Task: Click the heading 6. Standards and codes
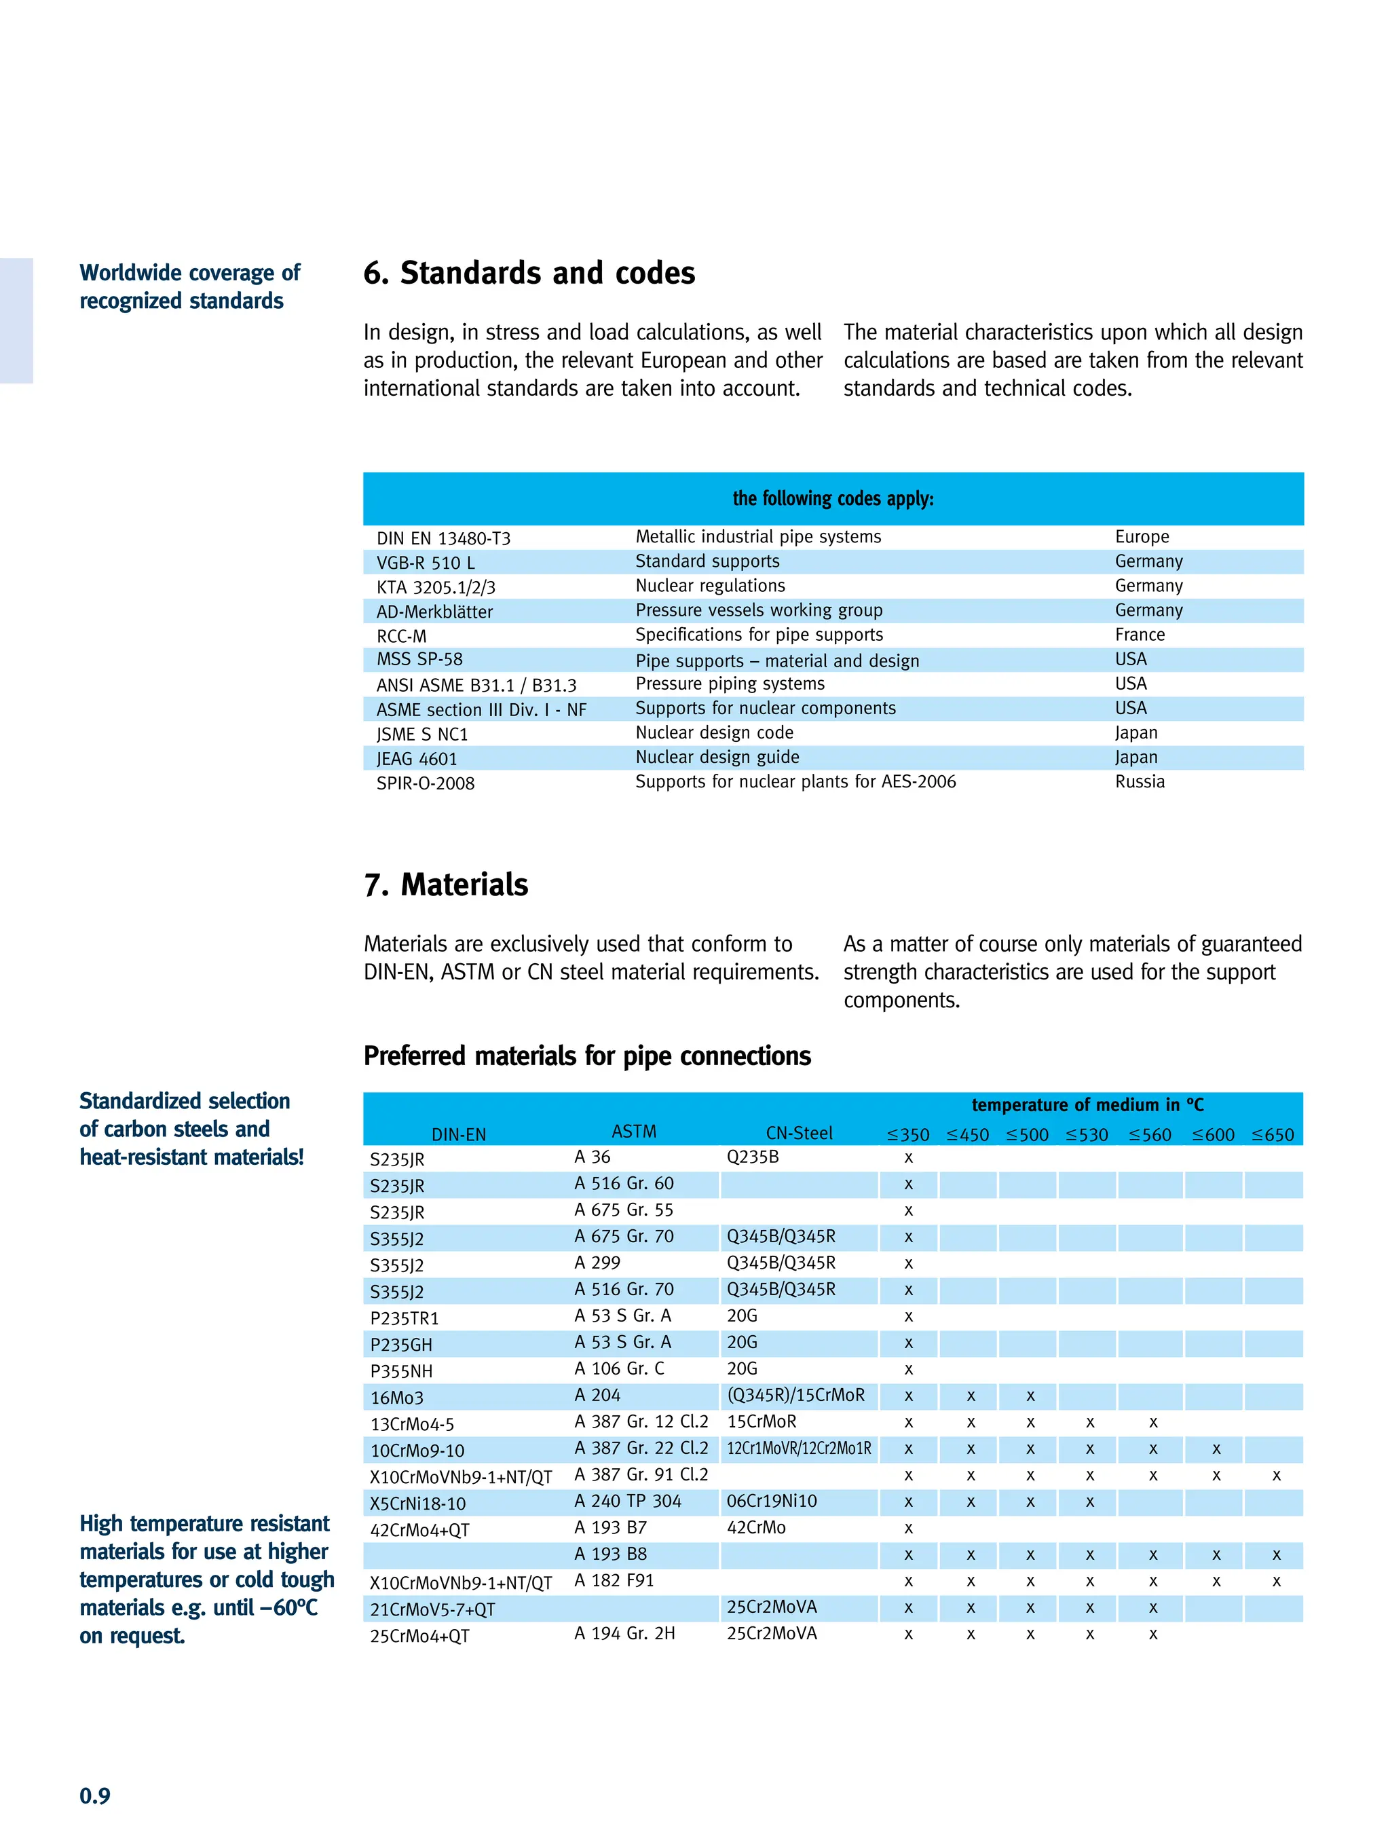pyautogui.click(x=529, y=273)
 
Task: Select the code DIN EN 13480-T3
pyautogui.click(x=443, y=538)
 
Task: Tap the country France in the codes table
pyautogui.click(x=1139, y=635)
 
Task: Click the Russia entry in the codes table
pyautogui.click(x=1139, y=781)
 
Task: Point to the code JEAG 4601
pyautogui.click(x=416, y=759)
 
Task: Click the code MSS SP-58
pyautogui.click(x=419, y=660)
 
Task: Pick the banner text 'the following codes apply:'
pyautogui.click(x=832, y=498)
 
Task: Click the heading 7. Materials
pyautogui.click(x=446, y=885)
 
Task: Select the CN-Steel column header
pyautogui.click(x=798, y=1133)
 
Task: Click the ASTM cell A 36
pyautogui.click(x=592, y=1157)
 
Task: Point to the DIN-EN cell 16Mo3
pyautogui.click(x=396, y=1398)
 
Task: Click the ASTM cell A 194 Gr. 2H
pyautogui.click(x=624, y=1633)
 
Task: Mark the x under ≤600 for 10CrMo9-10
pyautogui.click(x=1216, y=1449)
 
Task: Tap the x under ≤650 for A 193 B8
pyautogui.click(x=1275, y=1554)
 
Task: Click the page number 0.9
pyautogui.click(x=94, y=1795)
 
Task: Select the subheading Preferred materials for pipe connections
pyautogui.click(x=587, y=1056)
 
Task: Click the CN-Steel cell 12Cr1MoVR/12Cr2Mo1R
pyautogui.click(x=798, y=1449)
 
